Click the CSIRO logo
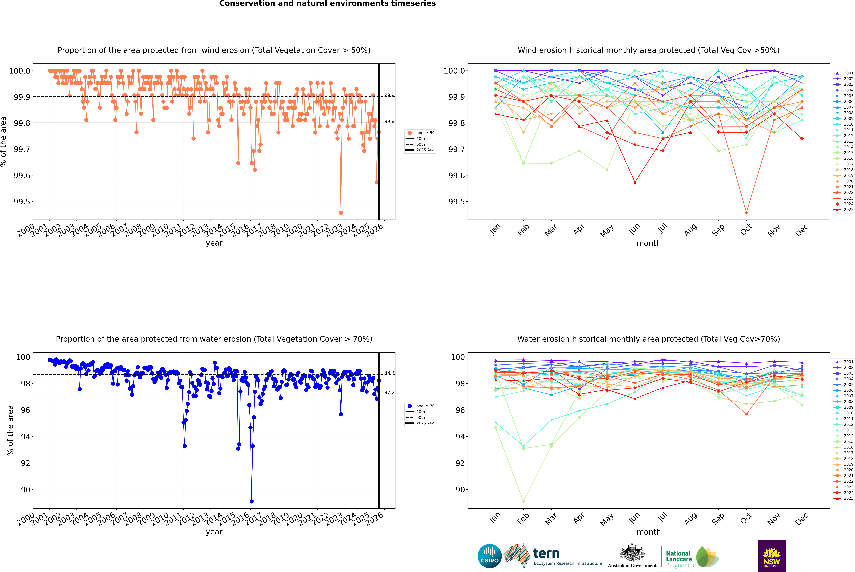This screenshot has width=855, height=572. click(490, 556)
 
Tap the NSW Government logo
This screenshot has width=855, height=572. click(772, 556)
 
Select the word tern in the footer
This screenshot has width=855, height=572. click(546, 554)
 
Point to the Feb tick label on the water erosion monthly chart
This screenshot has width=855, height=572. click(523, 519)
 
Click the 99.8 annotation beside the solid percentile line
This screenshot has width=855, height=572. click(389, 121)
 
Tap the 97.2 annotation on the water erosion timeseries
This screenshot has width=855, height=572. click(389, 393)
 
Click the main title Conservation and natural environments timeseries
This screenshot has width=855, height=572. click(327, 4)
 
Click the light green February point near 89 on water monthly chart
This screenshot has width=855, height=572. click(523, 501)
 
